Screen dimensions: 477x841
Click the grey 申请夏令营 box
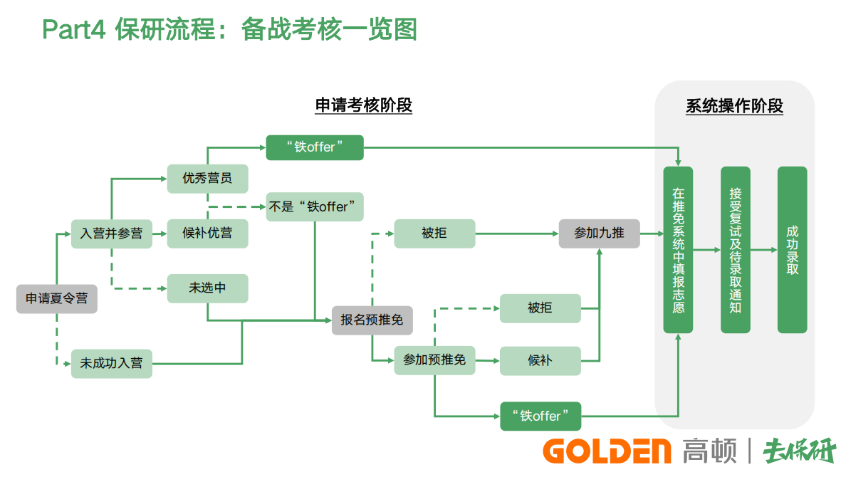click(x=57, y=299)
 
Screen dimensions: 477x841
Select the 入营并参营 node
click(x=112, y=234)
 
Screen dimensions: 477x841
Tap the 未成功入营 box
click(x=112, y=363)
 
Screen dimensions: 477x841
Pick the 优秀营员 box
click(x=207, y=178)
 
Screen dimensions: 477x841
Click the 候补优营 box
click(x=207, y=234)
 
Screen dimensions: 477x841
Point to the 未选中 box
click(x=207, y=288)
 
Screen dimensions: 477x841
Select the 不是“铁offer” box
click(x=315, y=206)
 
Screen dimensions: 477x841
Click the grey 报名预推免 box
click(x=372, y=320)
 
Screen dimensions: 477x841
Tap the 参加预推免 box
click(x=434, y=360)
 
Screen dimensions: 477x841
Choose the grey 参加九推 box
click(x=599, y=234)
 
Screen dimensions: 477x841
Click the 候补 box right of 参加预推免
click(x=540, y=360)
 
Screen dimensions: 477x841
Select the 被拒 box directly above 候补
click(x=540, y=308)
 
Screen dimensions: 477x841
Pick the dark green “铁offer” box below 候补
click(x=540, y=416)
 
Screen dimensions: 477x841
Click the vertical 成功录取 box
click(x=792, y=250)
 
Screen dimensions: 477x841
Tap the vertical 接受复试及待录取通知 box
click(x=735, y=250)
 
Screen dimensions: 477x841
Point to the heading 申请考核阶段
click(x=364, y=105)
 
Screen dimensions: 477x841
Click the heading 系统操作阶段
click(x=734, y=106)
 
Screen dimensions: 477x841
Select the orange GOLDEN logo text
click(x=607, y=451)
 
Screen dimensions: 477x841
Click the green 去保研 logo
click(x=799, y=451)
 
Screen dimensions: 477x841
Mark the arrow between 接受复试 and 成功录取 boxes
click(x=763, y=250)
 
